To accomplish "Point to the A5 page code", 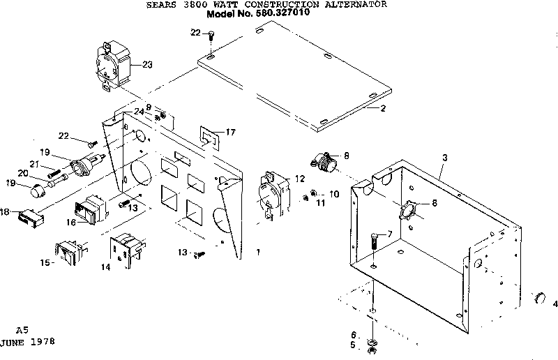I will click(23, 329).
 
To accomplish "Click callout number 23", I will click(146, 65).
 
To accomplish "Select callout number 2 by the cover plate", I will click(383, 109).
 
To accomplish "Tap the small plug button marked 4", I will click(539, 299).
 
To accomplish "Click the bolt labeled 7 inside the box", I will click(375, 245).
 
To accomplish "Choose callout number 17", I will click(231, 131).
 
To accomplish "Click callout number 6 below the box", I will click(354, 334).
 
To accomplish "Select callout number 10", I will click(333, 193).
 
